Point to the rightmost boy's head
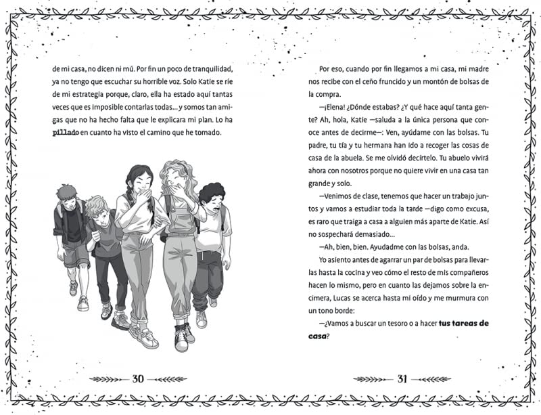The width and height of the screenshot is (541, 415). point(211,195)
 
